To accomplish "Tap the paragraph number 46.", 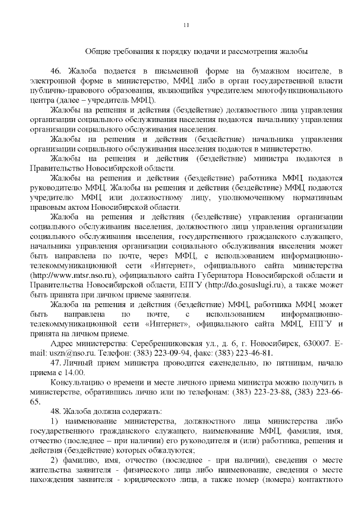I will click(55, 70).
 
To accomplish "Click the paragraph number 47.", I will click(55, 363).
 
